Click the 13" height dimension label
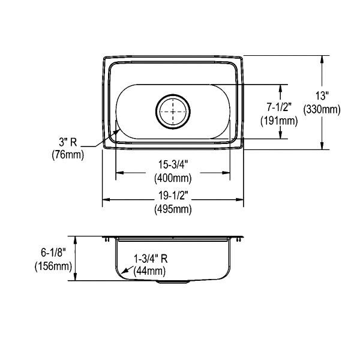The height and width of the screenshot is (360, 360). (x=322, y=96)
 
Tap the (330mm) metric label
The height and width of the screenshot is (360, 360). (x=322, y=110)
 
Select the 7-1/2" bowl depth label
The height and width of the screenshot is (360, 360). (x=279, y=107)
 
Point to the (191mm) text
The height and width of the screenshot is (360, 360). (x=279, y=121)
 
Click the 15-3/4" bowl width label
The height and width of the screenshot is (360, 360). (x=173, y=164)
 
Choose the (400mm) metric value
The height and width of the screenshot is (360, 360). (x=173, y=178)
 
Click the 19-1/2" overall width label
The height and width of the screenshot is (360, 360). (x=173, y=196)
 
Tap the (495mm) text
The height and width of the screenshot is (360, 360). (x=173, y=209)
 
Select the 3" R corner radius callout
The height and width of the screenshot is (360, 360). (x=68, y=142)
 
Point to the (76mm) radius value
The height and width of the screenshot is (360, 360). (x=68, y=155)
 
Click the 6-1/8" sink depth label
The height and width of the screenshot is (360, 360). (x=53, y=253)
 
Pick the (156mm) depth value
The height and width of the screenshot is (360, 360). (x=53, y=266)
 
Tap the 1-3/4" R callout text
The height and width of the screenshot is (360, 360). (x=151, y=259)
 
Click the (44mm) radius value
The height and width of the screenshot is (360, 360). (x=149, y=271)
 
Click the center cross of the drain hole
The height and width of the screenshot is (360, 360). (x=173, y=112)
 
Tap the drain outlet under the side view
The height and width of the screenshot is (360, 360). (x=173, y=282)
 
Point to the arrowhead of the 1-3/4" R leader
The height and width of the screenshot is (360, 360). (x=124, y=271)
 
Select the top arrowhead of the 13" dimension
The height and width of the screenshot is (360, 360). (x=322, y=59)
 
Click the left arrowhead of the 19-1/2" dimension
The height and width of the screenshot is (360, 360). (x=106, y=200)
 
